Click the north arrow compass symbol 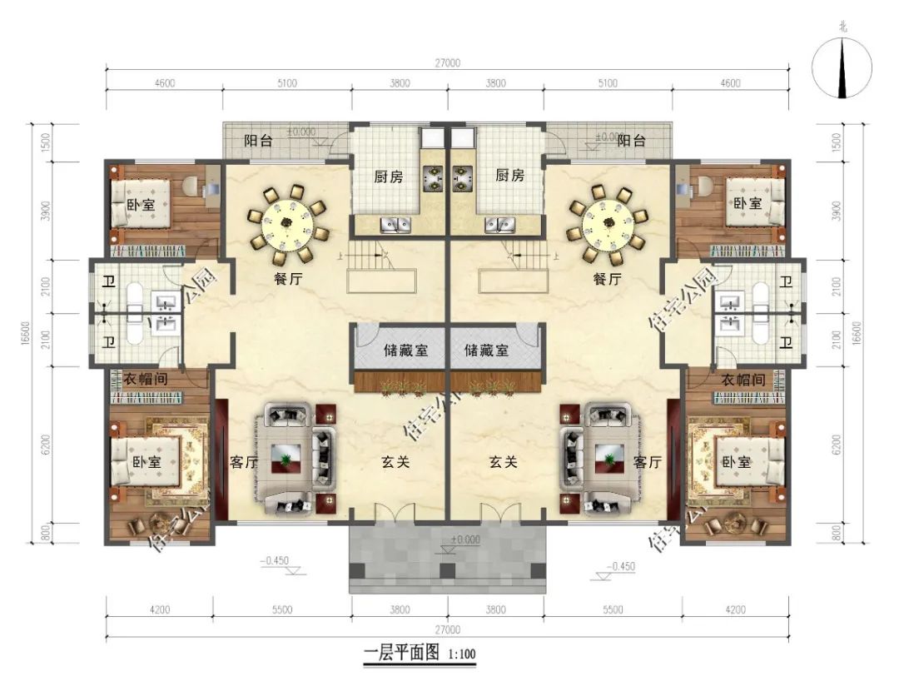tap(843, 67)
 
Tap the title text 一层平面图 tap(401, 654)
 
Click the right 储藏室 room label tap(486, 350)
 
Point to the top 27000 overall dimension tap(448, 63)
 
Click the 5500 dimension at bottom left tap(282, 609)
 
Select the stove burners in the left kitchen tap(434, 176)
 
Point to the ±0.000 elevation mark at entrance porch tap(465, 539)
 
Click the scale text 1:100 tap(462, 655)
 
